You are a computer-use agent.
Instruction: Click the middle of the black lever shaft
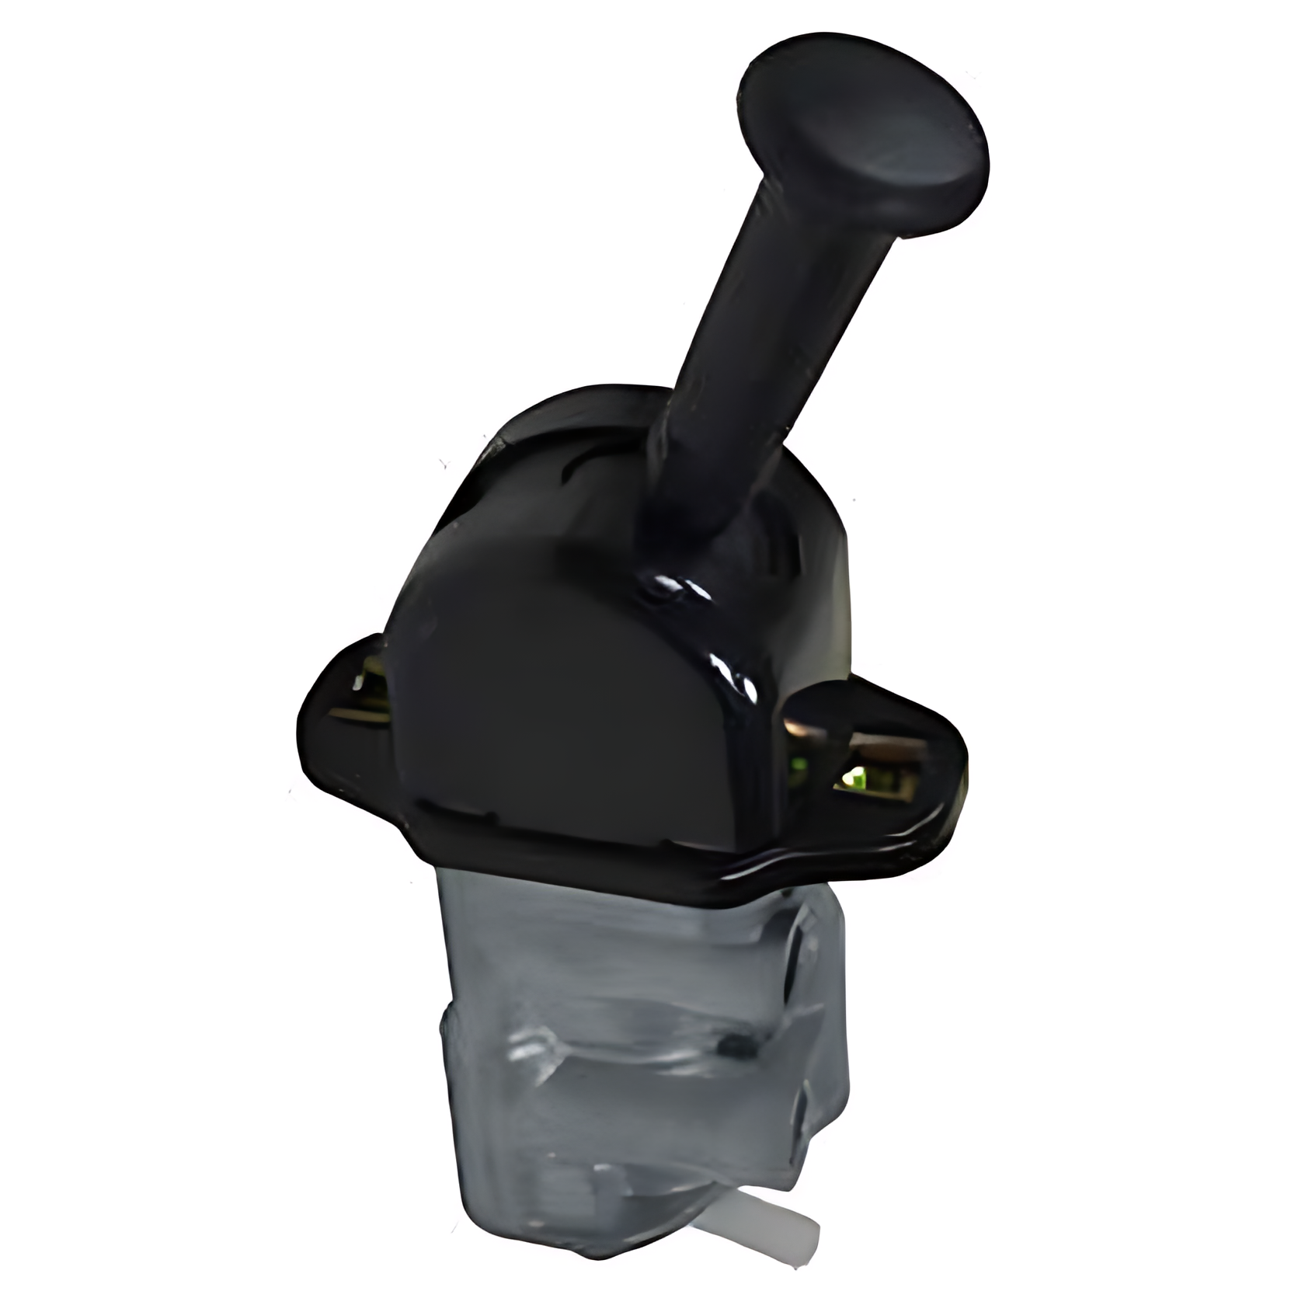[x=750, y=342]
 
